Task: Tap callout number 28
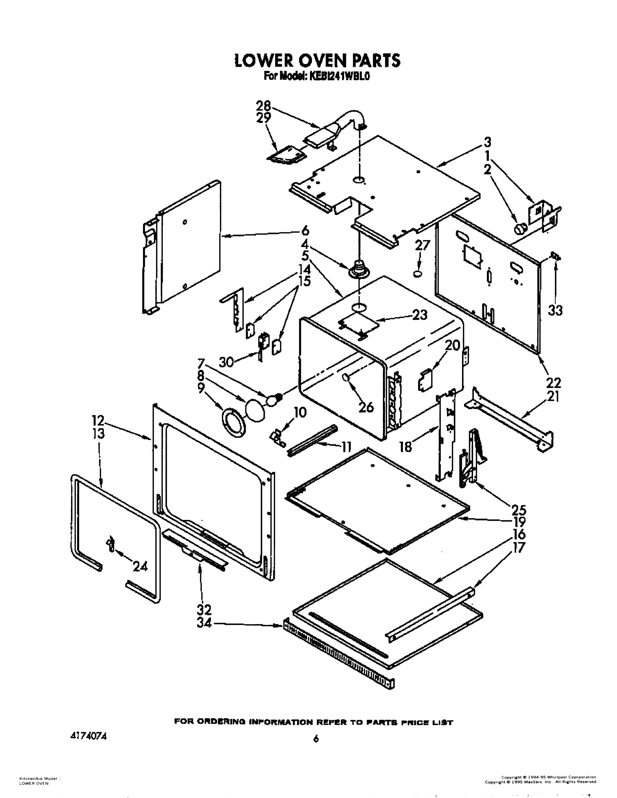pos(263,106)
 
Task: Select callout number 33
pos(555,311)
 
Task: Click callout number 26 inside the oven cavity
pos(366,406)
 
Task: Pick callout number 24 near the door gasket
pos(140,567)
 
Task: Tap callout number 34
pos(204,623)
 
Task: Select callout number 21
pos(553,397)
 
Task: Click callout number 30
pos(226,362)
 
